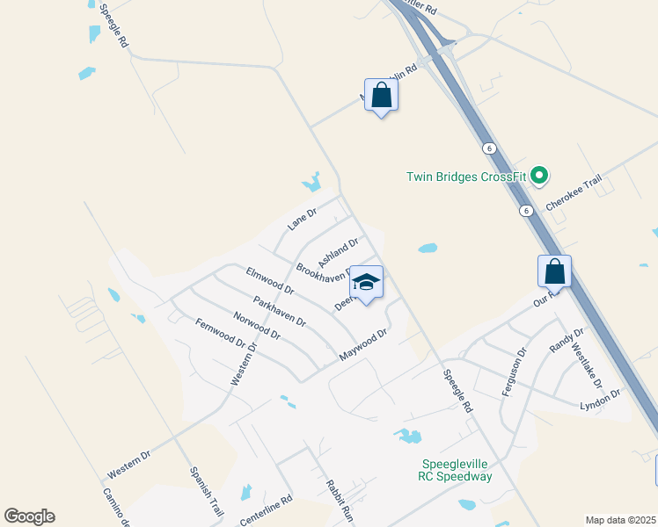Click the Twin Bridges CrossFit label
pos(466,177)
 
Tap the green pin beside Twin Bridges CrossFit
pos(540,177)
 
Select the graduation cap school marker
pos(366,283)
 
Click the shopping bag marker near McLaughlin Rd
pos(381,96)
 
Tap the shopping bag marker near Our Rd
pos(554,271)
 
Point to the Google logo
pos(29,516)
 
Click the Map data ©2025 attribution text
pos(619,520)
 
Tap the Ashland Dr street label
pos(338,253)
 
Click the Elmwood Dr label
pos(270,280)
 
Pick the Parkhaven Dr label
pos(279,312)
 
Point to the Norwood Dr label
pos(256,326)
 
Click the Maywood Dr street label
pos(363,345)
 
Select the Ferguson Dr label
pos(514,372)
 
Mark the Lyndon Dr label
pos(600,399)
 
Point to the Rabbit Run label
pos(339,498)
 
